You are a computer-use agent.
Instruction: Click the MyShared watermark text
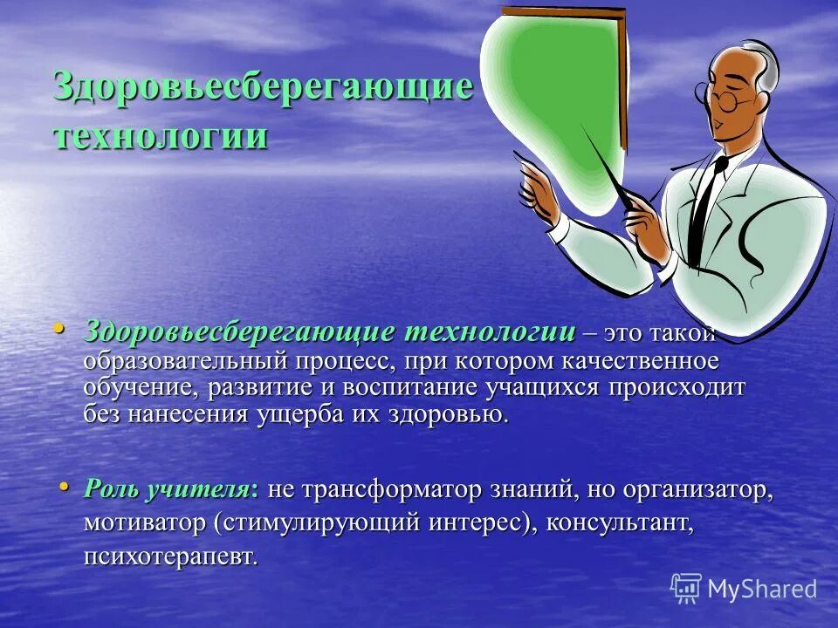[x=762, y=589]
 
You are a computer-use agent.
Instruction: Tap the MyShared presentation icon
[x=686, y=588]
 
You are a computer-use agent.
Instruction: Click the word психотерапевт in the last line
[x=171, y=556]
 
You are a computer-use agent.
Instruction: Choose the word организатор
[x=697, y=490]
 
